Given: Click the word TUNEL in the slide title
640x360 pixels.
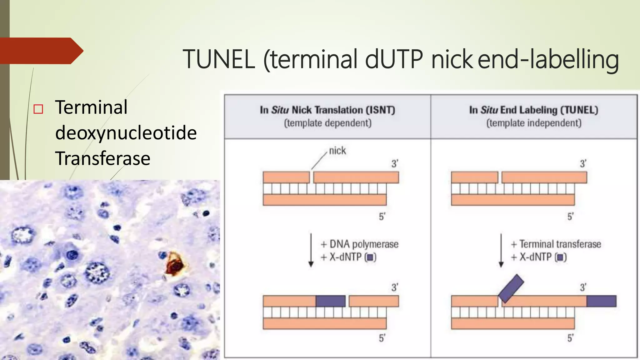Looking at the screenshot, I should click(x=219, y=59).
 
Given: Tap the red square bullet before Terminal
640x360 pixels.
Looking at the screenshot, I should click(x=38, y=109).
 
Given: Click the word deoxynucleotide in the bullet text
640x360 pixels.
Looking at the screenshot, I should click(x=126, y=133).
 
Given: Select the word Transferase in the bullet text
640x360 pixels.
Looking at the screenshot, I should click(x=102, y=158).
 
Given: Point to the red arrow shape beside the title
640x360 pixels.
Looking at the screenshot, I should click(x=41, y=51).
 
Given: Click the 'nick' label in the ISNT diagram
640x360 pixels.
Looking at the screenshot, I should click(x=337, y=151).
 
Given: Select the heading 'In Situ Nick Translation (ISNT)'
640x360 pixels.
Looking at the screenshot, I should click(x=327, y=110).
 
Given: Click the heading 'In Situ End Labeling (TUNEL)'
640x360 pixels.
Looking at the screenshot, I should click(x=533, y=110).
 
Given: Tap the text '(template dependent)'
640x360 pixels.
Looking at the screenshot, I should click(x=327, y=123).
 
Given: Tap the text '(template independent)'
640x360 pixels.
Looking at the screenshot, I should click(x=534, y=123).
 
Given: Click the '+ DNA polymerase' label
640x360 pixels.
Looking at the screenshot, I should click(x=359, y=244).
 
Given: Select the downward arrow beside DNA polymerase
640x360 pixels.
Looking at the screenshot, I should click(x=311, y=250).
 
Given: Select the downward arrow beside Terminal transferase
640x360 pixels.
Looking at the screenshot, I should click(x=501, y=250).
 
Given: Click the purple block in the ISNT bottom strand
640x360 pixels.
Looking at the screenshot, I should click(x=330, y=301).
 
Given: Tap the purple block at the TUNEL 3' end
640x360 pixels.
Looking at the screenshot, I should click(x=601, y=301).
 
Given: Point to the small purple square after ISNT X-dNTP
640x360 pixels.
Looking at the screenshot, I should click(x=370, y=257).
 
